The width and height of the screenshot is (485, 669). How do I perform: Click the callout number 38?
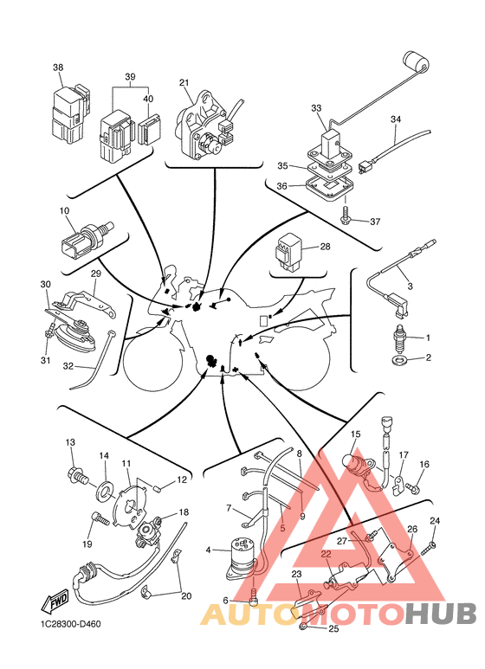(58, 68)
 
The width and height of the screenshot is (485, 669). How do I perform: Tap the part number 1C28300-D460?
(71, 624)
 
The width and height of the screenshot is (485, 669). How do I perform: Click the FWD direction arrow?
(55, 602)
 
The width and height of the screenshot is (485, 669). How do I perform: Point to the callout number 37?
(375, 222)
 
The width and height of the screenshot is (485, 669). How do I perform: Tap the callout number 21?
(184, 83)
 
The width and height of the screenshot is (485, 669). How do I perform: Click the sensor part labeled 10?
(87, 238)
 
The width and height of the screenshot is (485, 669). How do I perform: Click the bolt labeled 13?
(77, 475)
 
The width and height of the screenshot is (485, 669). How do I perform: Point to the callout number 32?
(68, 365)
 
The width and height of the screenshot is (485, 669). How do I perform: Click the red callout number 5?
(282, 528)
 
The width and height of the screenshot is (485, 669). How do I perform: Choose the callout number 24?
(435, 521)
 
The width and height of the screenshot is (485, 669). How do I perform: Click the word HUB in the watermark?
(441, 614)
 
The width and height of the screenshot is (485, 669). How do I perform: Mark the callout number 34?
(396, 119)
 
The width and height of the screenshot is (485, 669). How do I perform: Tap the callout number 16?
(424, 464)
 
